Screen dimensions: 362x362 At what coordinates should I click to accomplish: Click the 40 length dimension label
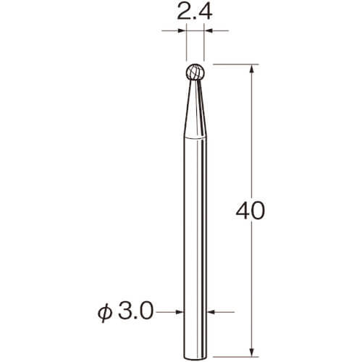(251, 211)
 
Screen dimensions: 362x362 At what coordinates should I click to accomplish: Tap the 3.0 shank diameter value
(136, 311)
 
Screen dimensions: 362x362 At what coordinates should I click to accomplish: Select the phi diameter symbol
(105, 313)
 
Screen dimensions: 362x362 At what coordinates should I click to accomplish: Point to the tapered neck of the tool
(195, 109)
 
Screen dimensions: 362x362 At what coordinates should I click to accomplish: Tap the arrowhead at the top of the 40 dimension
(252, 69)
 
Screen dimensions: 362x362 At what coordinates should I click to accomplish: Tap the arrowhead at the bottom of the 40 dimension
(252, 352)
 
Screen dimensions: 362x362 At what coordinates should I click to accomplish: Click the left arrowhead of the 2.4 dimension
(182, 30)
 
